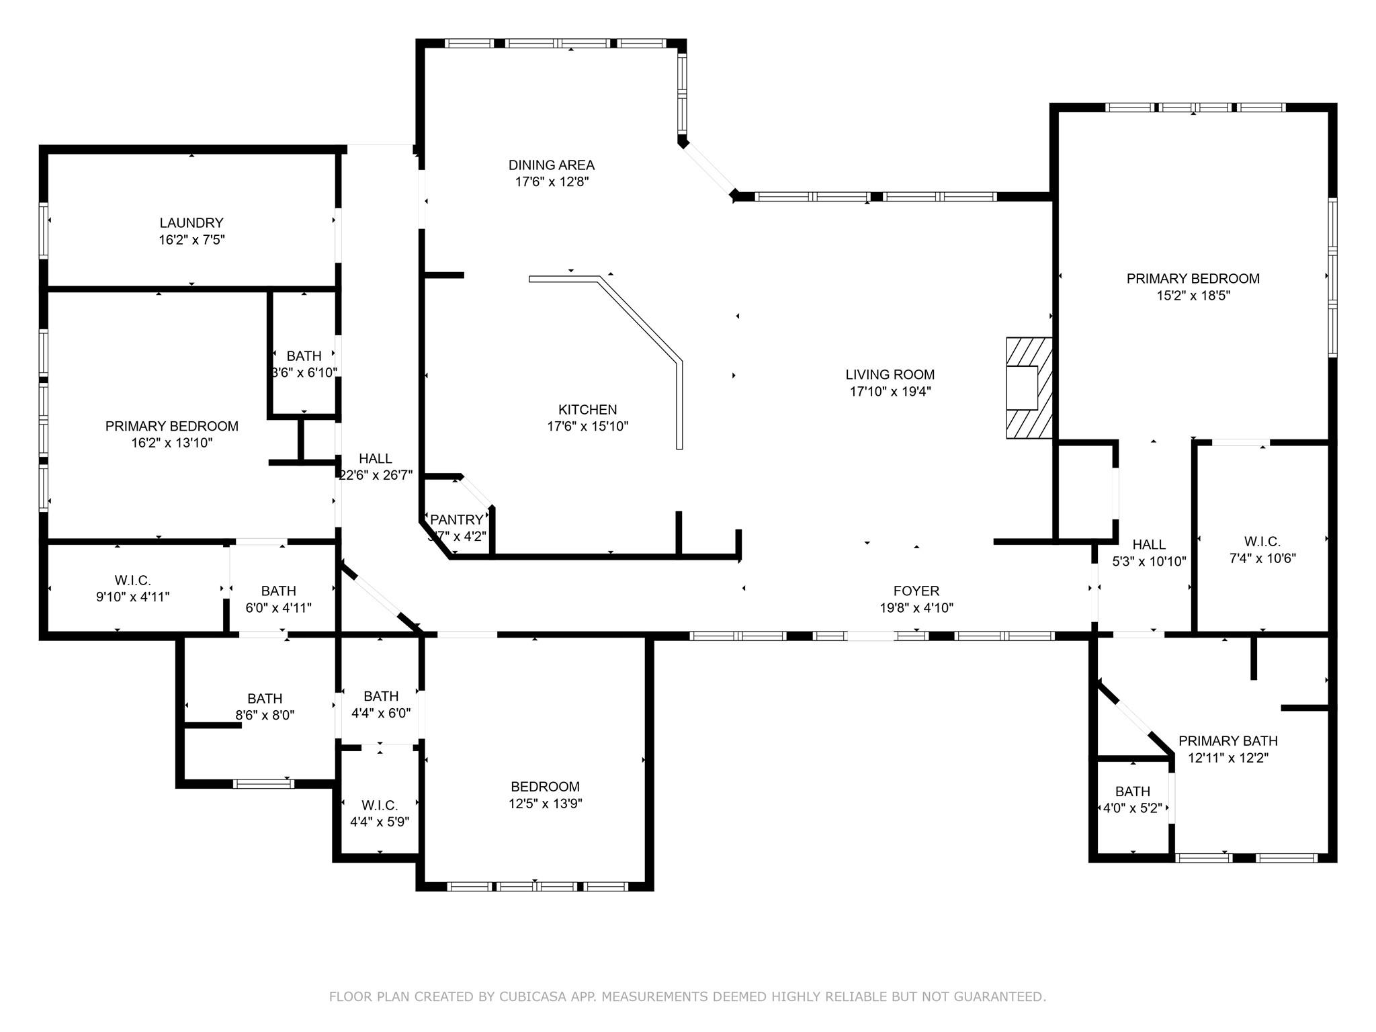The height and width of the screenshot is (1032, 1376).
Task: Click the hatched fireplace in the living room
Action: [1029, 388]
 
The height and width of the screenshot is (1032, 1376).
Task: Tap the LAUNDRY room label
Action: [191, 223]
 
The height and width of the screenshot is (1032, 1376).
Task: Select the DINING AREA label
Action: [551, 165]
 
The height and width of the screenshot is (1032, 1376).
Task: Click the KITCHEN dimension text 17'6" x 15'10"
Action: [587, 426]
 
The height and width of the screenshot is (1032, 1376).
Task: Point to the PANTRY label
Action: [456, 519]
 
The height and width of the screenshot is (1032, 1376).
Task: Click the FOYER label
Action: [916, 591]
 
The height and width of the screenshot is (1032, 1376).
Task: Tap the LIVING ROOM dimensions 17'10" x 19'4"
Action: [890, 392]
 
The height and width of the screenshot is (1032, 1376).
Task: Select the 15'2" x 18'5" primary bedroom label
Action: [1193, 296]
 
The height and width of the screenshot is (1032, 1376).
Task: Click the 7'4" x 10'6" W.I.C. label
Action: [1262, 558]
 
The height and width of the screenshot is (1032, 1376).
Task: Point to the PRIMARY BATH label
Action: [1228, 741]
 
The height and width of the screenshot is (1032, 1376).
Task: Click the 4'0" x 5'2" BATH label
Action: [1132, 808]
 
